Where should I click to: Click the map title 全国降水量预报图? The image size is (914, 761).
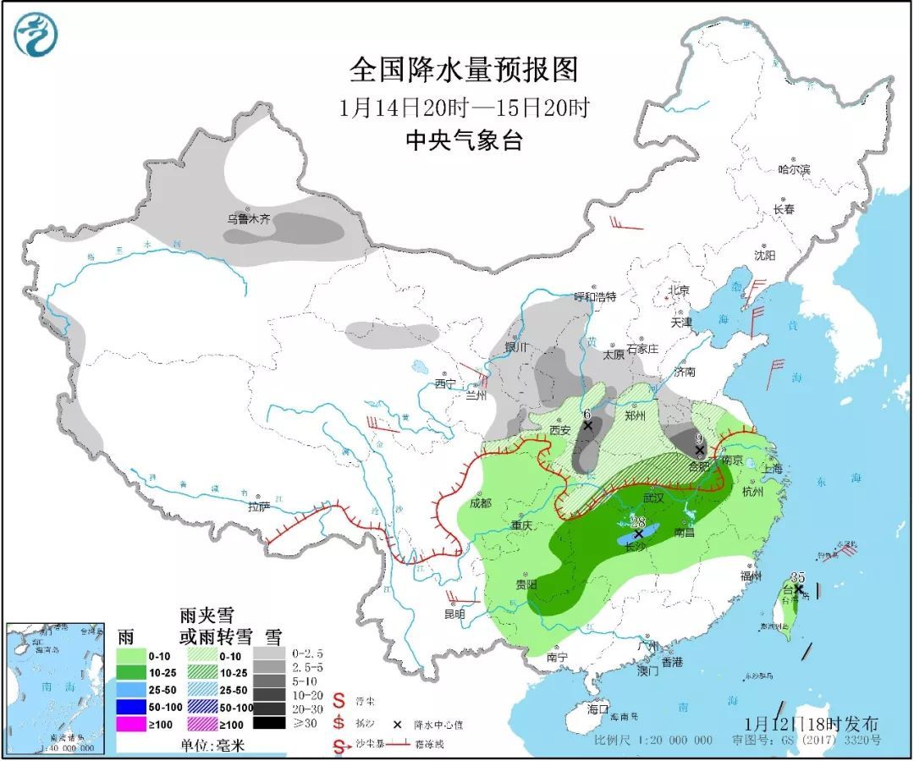pos(463,70)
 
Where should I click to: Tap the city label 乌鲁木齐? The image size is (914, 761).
pos(248,218)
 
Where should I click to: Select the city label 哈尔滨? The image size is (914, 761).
pos(794,169)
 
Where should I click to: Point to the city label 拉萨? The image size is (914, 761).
pos(258,506)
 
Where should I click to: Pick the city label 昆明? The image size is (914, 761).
pos(454,614)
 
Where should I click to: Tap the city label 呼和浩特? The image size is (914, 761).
pos(595,296)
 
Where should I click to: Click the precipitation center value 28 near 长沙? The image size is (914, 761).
pos(638,523)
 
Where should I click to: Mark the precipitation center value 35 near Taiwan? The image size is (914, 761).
pos(797,577)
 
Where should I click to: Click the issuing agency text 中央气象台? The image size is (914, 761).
pos(464,141)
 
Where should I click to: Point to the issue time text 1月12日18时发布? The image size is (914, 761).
pos(812,724)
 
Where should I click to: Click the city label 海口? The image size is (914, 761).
pos(598,708)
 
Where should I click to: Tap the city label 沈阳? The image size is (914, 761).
pos(764,254)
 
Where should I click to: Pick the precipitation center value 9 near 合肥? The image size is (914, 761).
pos(699,438)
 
